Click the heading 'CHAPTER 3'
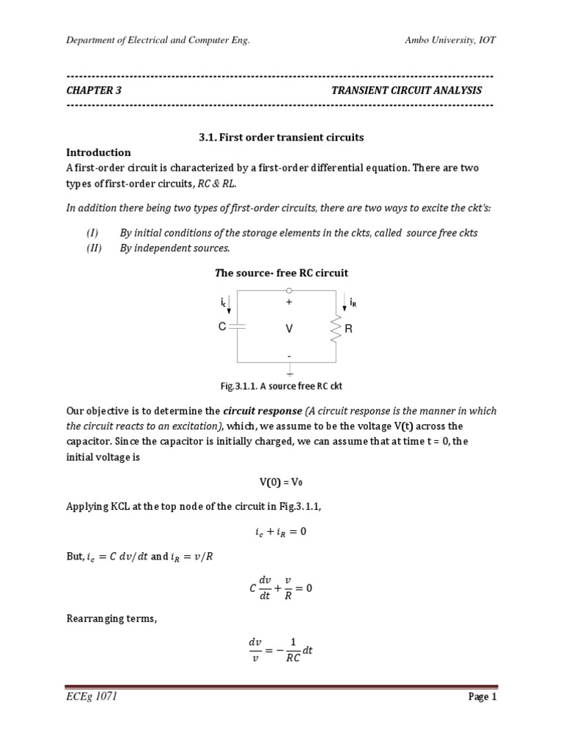pos(94,90)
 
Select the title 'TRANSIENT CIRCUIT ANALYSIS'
pos(407,90)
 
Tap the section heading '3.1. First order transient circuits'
pos(281,137)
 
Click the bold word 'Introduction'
pos(98,152)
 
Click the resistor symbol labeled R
pos(336,329)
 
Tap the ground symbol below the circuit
pos(290,371)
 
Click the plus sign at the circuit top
pos(289,301)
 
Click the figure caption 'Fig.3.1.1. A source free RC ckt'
pos(281,386)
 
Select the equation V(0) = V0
pos(281,483)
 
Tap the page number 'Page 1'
pos(482,697)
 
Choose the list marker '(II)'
pos(92,248)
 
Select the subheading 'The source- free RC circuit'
pos(281,273)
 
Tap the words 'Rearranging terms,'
pos(111,619)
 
